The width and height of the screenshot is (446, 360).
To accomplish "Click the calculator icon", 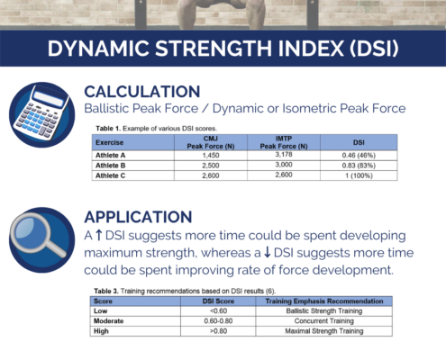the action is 41,114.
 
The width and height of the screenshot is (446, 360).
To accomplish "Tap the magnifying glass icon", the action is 41,239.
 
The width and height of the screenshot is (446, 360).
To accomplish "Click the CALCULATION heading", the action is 142,92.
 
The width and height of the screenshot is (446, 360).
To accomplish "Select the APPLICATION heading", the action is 138,217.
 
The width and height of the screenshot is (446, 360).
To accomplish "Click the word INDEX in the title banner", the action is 311,49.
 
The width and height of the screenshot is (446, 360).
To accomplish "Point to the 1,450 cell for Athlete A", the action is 211,156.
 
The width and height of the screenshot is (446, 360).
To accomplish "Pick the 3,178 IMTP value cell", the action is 284,155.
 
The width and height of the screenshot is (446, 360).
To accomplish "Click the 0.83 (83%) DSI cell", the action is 359,166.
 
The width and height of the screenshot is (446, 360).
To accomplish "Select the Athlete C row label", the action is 110,175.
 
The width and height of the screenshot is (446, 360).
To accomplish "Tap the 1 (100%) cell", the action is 359,175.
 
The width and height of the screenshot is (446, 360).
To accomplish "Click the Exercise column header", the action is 109,142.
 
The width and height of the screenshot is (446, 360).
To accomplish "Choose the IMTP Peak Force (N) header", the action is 284,142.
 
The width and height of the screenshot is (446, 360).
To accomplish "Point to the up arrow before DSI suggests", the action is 98,236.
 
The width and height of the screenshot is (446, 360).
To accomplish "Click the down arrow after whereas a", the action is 267,253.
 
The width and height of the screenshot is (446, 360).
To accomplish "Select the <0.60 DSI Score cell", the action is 218,310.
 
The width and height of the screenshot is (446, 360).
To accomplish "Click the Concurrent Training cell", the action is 323,321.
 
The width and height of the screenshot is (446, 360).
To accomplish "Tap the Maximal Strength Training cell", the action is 324,331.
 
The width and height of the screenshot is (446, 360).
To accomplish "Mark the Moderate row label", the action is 108,321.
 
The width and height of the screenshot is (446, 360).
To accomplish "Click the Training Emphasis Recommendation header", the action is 324,301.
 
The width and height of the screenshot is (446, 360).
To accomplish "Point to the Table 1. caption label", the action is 108,129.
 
